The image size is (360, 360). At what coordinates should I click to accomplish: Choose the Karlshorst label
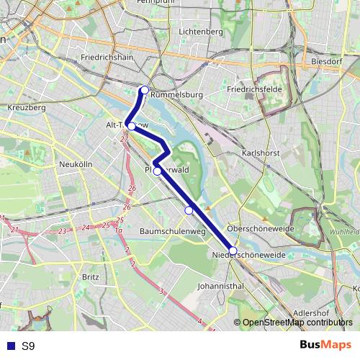click(260, 153)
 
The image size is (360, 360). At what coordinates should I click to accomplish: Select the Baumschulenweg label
click(173, 232)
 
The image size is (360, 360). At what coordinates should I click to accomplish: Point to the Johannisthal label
click(220, 286)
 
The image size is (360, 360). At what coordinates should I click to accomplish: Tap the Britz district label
click(91, 276)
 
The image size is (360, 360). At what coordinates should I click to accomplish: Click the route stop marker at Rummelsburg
click(145, 90)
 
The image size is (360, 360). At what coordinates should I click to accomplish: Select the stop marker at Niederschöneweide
click(233, 251)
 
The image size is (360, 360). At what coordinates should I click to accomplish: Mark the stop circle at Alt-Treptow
click(131, 126)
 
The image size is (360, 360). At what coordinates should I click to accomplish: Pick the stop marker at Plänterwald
click(157, 171)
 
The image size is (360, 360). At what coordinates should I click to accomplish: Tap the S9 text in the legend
click(28, 346)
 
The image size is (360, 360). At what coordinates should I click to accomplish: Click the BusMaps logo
click(325, 346)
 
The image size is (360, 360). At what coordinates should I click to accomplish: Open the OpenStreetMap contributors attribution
click(297, 323)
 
